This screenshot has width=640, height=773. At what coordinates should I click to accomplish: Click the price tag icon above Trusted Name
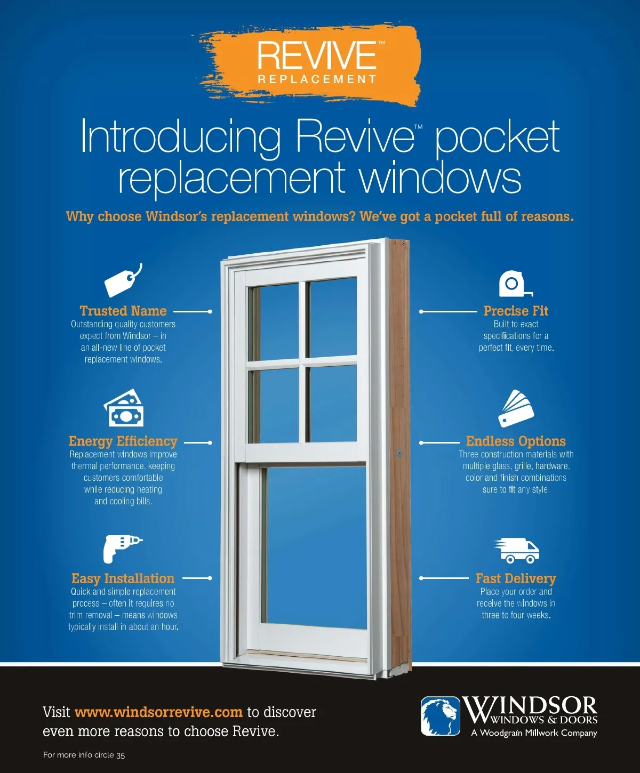click(123, 280)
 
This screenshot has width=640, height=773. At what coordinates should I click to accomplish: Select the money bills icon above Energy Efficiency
click(124, 408)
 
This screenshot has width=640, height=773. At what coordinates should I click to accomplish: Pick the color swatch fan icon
click(516, 409)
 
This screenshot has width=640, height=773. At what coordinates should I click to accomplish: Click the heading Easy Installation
click(123, 578)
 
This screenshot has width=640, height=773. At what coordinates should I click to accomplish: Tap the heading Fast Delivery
click(516, 578)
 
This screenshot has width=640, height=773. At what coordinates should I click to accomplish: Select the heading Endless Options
click(516, 441)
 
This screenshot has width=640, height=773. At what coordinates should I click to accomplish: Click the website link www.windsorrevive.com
click(158, 712)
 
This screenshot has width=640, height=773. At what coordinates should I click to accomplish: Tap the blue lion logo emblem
click(441, 716)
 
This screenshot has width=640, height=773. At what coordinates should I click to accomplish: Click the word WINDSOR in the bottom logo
click(530, 706)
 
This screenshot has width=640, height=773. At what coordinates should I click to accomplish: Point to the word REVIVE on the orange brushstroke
click(317, 55)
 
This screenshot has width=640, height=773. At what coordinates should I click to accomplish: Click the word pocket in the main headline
click(497, 136)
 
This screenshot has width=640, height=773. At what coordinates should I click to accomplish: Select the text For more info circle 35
click(84, 755)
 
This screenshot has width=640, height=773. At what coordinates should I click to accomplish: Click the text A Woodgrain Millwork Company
click(534, 733)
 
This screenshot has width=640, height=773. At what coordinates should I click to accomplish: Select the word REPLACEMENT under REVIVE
click(317, 79)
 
